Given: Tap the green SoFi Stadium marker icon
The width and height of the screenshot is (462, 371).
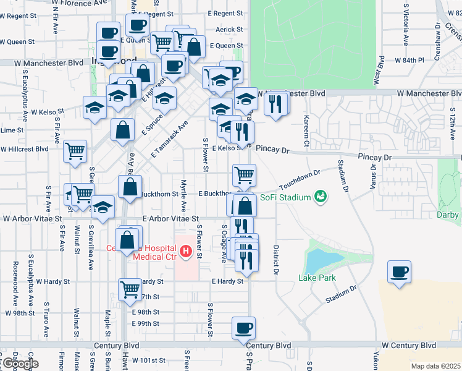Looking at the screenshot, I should [320, 197].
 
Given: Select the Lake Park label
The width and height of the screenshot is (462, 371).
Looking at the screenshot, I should [317, 278].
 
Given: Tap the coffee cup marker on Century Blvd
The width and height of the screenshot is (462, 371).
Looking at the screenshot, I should [243, 328].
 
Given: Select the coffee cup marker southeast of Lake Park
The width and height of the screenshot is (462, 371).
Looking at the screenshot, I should [399, 272].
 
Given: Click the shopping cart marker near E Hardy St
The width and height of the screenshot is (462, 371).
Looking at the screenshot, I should [130, 289].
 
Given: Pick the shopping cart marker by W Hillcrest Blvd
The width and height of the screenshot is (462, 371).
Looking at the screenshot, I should [75, 151].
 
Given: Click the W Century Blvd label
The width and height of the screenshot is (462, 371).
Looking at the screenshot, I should [408, 345].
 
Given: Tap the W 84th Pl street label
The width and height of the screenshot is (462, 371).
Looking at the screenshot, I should [412, 61].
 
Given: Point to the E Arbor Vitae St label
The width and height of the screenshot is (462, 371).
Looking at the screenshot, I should [170, 219].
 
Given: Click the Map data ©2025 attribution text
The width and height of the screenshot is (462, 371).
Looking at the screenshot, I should [435, 366].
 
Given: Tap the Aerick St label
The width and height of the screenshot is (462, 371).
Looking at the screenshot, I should [226, 30].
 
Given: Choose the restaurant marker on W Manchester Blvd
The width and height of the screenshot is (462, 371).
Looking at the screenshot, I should [275, 103].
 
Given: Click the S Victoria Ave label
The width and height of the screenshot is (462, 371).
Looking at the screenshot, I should [406, 25].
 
